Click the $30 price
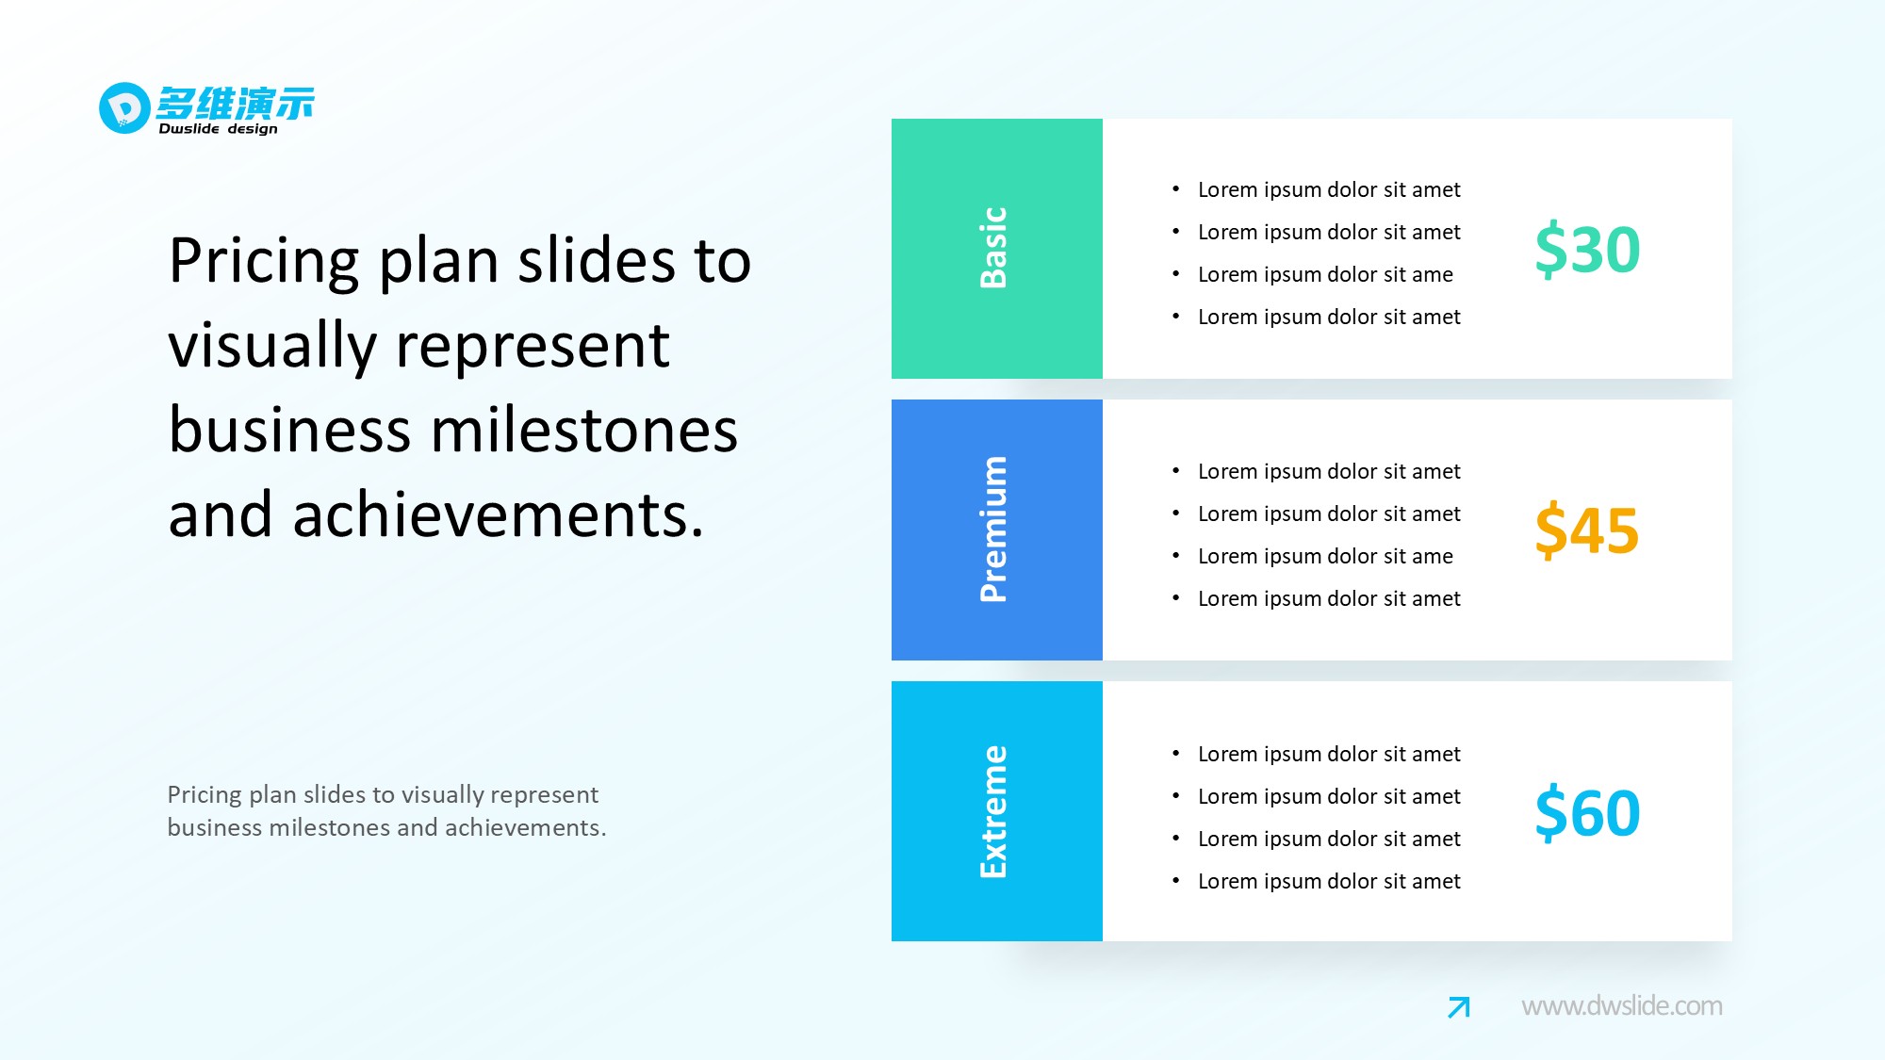(x=1587, y=250)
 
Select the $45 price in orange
(x=1587, y=530)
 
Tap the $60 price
(x=1587, y=812)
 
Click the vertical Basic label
(x=994, y=248)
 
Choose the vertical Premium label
(x=994, y=529)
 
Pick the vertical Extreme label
(x=994, y=811)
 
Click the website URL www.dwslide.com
(x=1621, y=1005)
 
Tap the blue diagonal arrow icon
(x=1459, y=1007)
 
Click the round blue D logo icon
(x=124, y=108)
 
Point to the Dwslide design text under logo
(x=218, y=129)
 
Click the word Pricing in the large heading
(x=264, y=261)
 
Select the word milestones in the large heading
(x=584, y=431)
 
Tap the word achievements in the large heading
(x=498, y=515)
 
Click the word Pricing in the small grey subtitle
(x=205, y=795)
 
